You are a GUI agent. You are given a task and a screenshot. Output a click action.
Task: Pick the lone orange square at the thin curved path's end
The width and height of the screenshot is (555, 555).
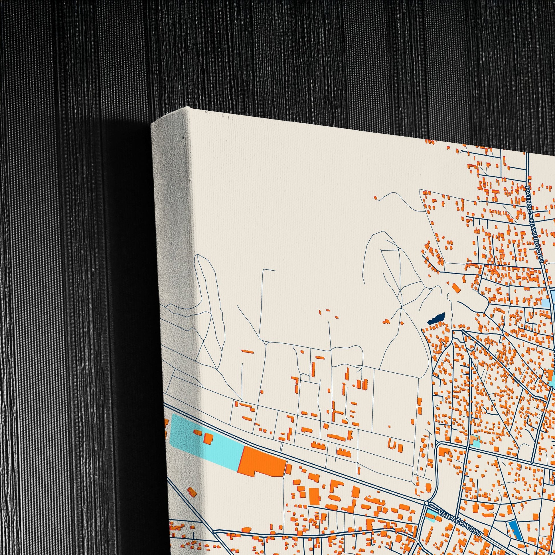coord(375,198)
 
